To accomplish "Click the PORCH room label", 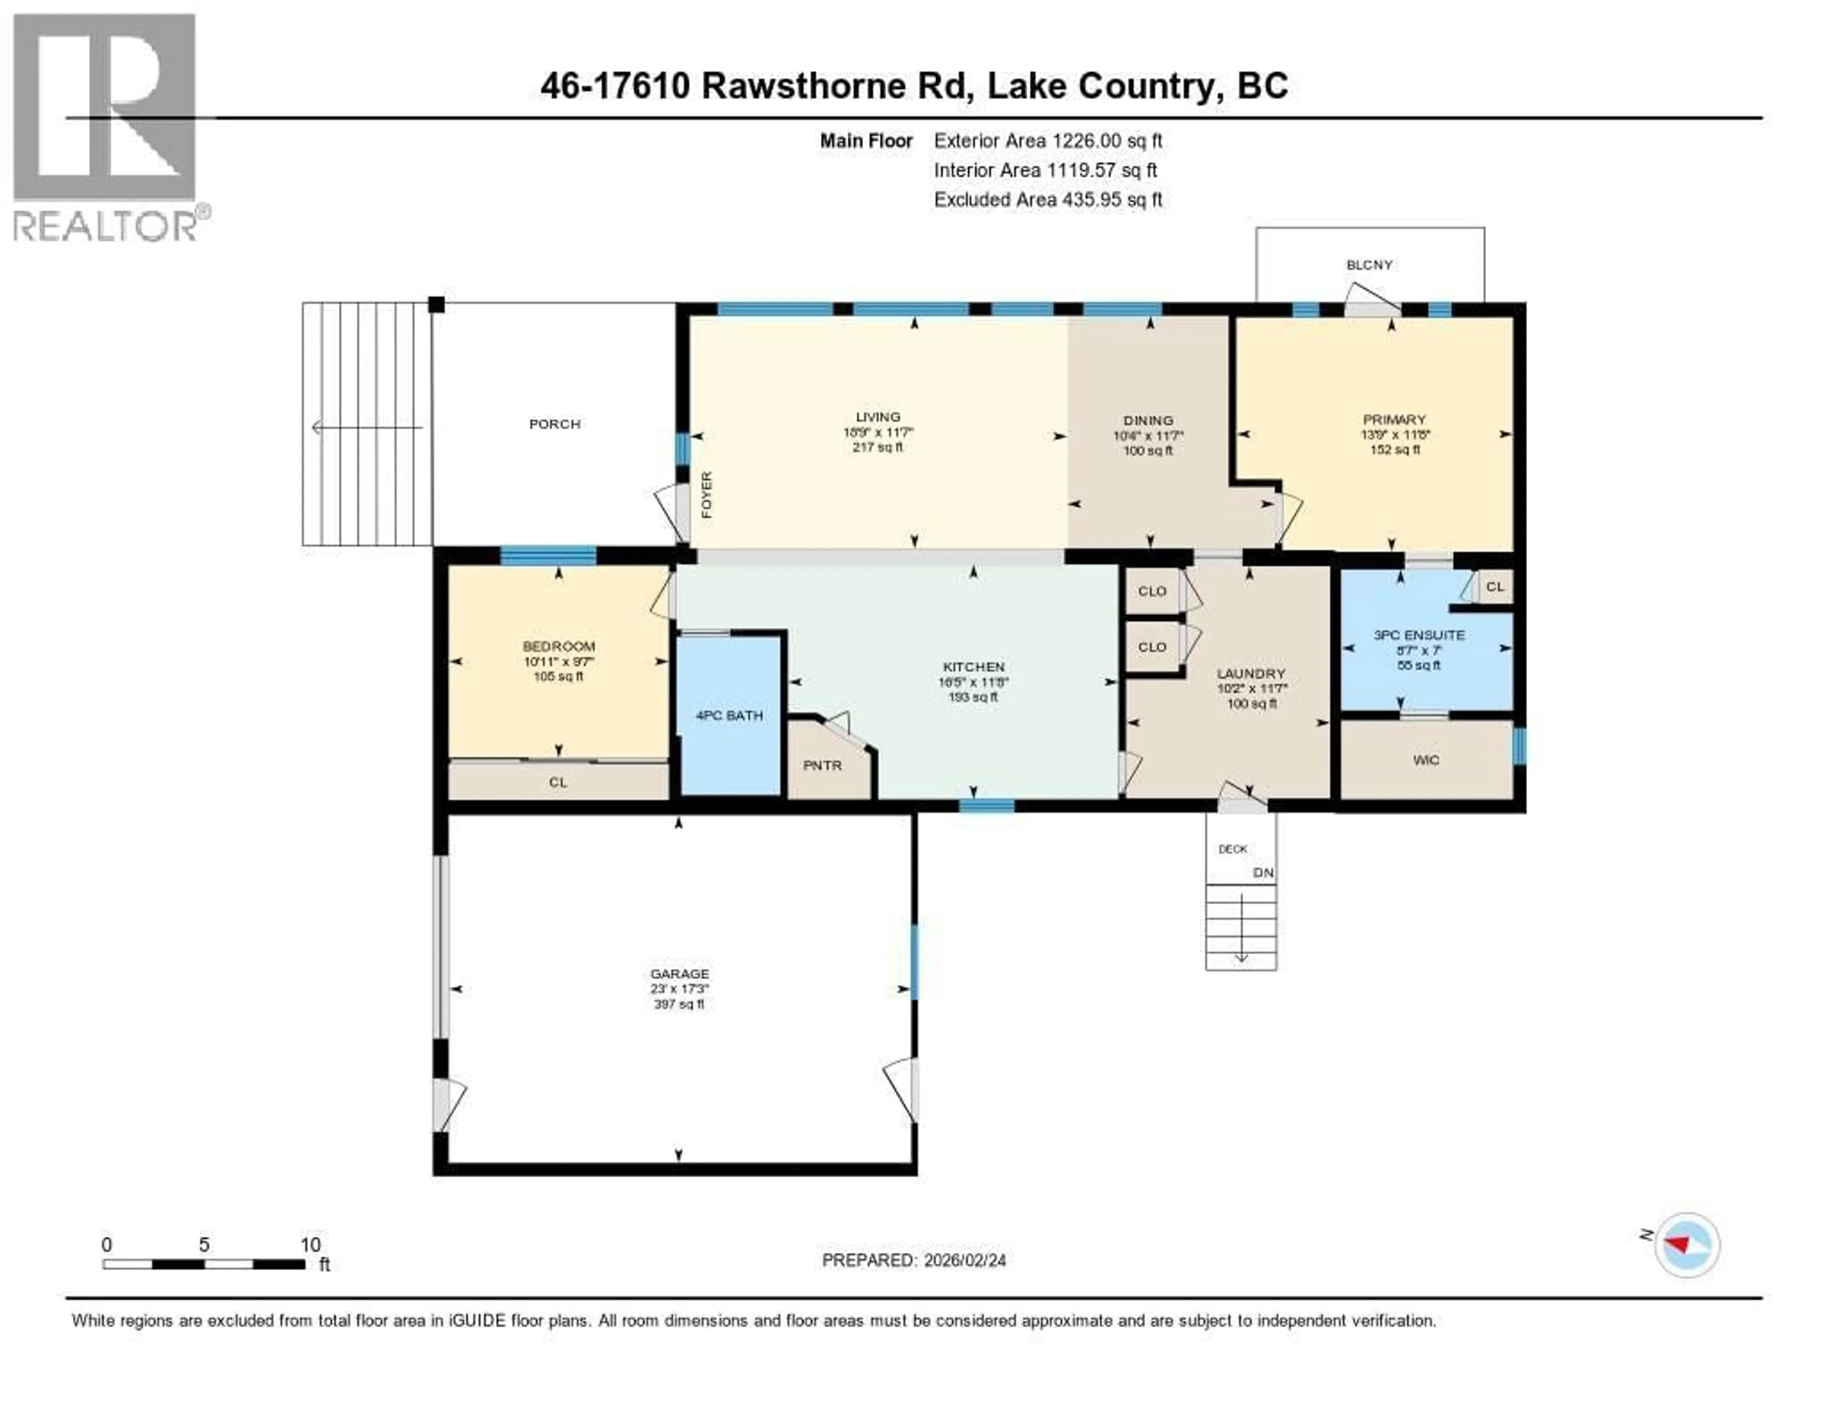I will tap(554, 424).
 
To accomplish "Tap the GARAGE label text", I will tap(679, 974).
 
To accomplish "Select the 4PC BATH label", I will tap(729, 716).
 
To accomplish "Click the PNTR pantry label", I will tap(822, 765).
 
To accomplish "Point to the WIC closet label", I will tap(1425, 760).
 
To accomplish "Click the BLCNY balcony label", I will tap(1369, 265).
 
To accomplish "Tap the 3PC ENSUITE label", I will tap(1419, 635).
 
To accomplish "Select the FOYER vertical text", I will tap(706, 495).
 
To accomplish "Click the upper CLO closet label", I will tap(1152, 591).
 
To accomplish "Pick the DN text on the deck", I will tap(1262, 872).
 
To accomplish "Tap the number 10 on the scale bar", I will tap(310, 1244).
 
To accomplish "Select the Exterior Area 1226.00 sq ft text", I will tap(1048, 140).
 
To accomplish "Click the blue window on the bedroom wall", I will tap(548, 555).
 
